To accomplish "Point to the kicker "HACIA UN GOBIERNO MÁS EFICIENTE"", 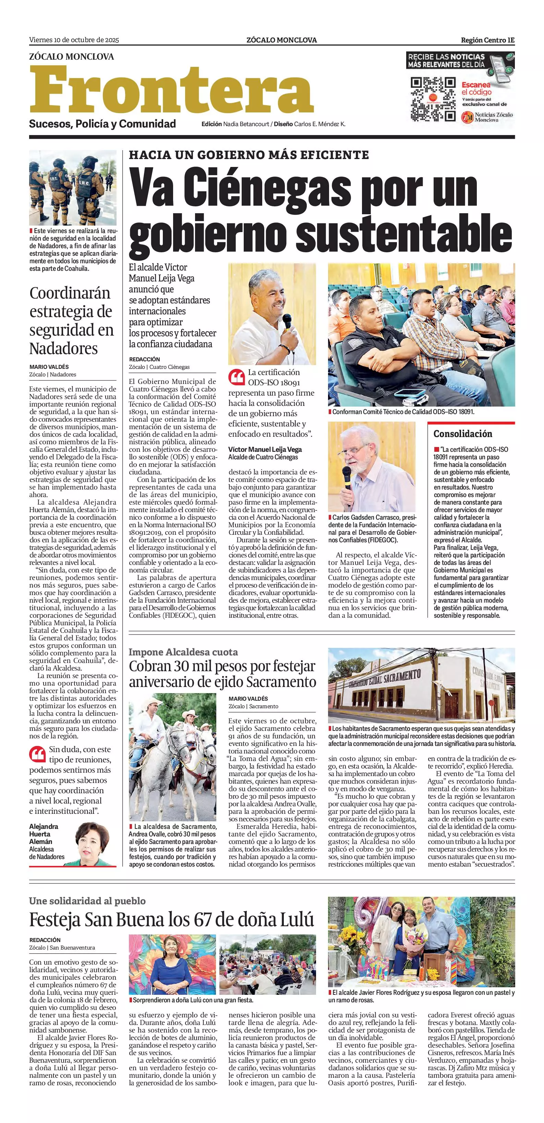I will [x=249, y=155].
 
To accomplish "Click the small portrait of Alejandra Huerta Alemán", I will [x=92, y=844].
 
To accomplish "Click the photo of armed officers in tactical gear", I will [x=73, y=188].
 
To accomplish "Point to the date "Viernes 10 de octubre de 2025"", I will [x=74, y=40].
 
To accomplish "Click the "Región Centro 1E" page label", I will [x=487, y=40].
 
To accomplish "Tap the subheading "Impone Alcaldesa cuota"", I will [x=183, y=652].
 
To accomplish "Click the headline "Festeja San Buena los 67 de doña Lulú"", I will [x=171, y=920].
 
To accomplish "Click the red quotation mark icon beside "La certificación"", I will [x=237, y=377].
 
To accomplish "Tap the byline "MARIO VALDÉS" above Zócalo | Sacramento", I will [x=248, y=698].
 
